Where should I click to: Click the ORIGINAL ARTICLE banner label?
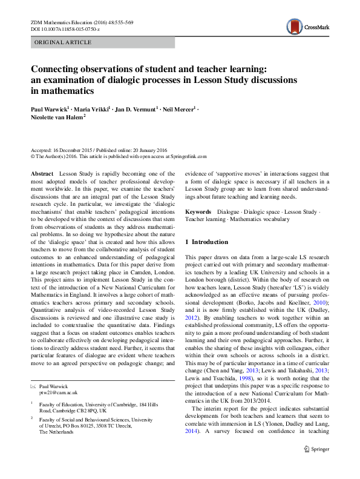point(64,42)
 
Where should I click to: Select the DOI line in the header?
point(65,29)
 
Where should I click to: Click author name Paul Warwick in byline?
point(51,110)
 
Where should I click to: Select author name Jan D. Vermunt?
point(136,110)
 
